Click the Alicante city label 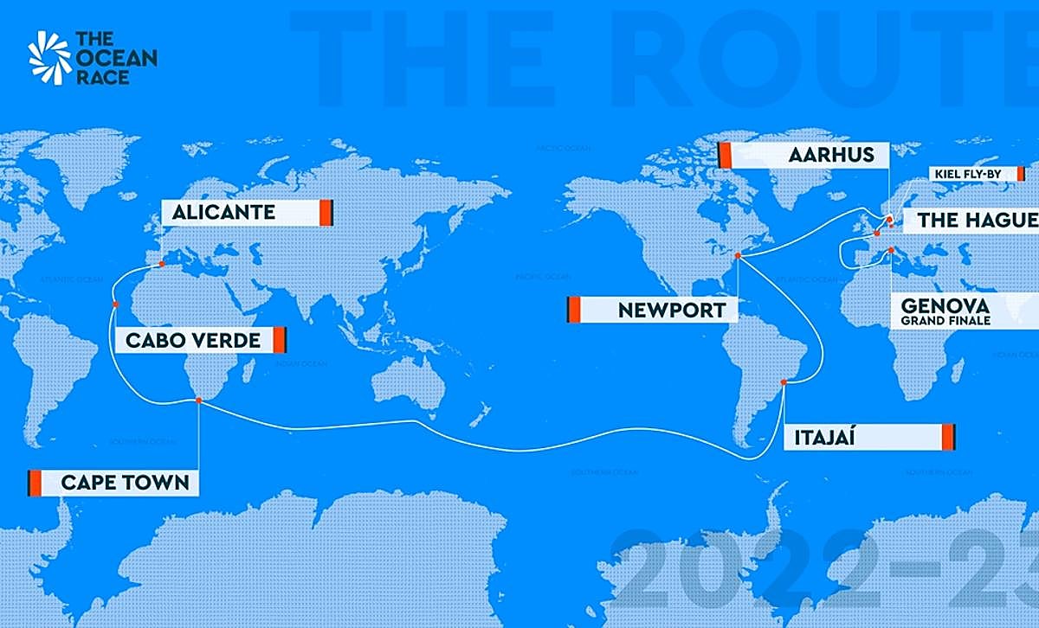[223, 212]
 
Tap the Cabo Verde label [193, 340]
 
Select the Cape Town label [124, 482]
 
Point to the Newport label [672, 309]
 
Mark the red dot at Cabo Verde [114, 304]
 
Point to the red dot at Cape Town [199, 401]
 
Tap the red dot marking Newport [738, 255]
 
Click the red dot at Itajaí [784, 381]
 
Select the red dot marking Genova [893, 252]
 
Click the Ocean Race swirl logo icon [49, 58]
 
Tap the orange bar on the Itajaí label [947, 438]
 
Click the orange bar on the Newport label [573, 309]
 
